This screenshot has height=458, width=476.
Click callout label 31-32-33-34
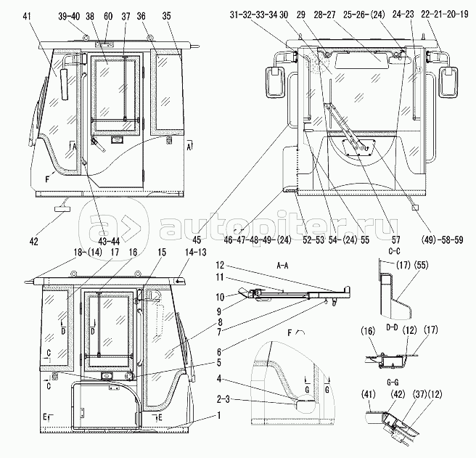coord(253,15)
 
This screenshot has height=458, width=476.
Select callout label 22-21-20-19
coord(440,15)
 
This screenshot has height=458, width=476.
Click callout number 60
coord(108,15)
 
